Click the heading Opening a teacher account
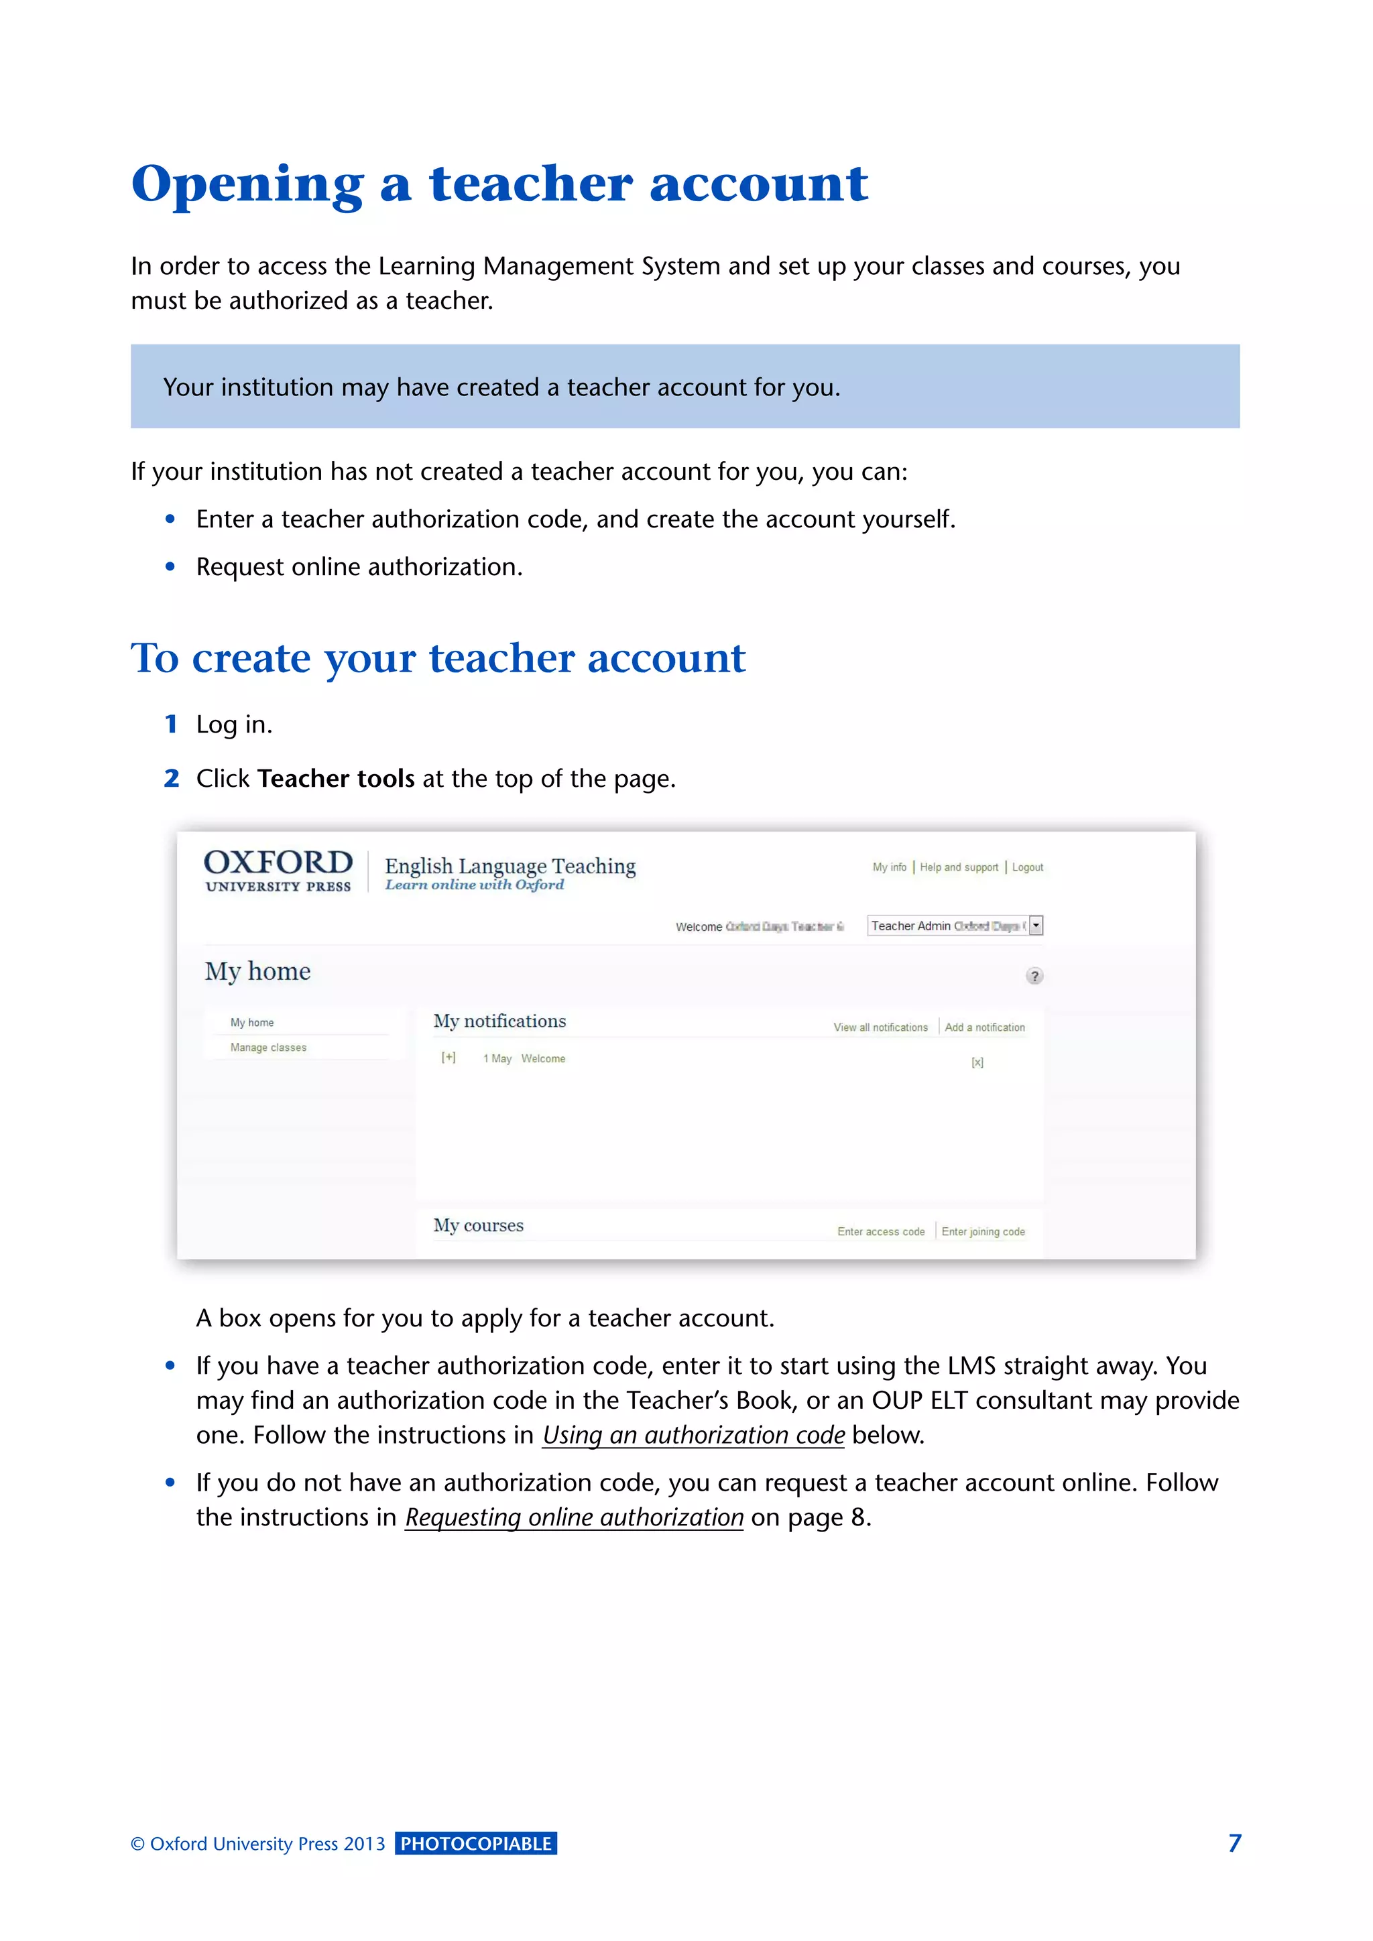(x=499, y=184)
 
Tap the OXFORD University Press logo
(x=278, y=870)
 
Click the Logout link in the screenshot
(x=1027, y=867)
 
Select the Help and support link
(x=959, y=867)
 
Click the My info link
(x=890, y=867)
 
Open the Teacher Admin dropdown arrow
(x=1036, y=926)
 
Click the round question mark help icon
(x=1034, y=977)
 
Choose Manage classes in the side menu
(x=268, y=1048)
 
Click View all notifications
(x=880, y=1028)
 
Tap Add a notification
(x=985, y=1028)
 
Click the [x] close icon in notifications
(x=977, y=1062)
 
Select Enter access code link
(x=881, y=1232)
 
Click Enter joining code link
(x=983, y=1232)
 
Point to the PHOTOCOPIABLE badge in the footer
(x=476, y=1844)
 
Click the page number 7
(x=1234, y=1844)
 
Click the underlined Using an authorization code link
(x=693, y=1436)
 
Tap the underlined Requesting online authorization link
(x=574, y=1517)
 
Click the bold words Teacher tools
(x=336, y=779)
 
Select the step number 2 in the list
(x=172, y=779)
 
